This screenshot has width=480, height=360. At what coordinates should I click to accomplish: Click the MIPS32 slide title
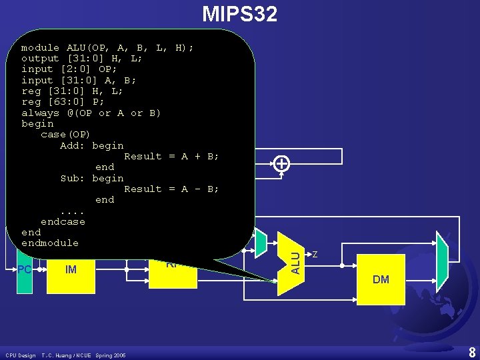pos(239,13)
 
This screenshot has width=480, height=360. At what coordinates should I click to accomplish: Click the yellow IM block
pos(71,269)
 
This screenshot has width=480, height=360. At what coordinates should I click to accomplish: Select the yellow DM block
pos(381,279)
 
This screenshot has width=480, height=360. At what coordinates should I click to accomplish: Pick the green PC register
pos(25,269)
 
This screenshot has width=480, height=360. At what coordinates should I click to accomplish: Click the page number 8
pos(471,352)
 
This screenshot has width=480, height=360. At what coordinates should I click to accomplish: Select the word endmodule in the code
pos(50,243)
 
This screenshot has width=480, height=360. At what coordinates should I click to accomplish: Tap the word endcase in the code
pos(63,221)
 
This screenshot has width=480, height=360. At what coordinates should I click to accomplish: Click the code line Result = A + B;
pos(171,156)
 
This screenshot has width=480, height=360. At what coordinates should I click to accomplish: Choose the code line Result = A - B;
pos(171,189)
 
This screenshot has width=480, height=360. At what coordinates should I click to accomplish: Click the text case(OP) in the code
pos(65,134)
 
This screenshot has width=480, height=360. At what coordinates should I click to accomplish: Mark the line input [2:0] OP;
pos(69,69)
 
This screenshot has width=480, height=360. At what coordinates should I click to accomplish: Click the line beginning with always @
pos(91,113)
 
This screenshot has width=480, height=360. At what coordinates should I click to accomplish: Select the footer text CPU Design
pos(21,355)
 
